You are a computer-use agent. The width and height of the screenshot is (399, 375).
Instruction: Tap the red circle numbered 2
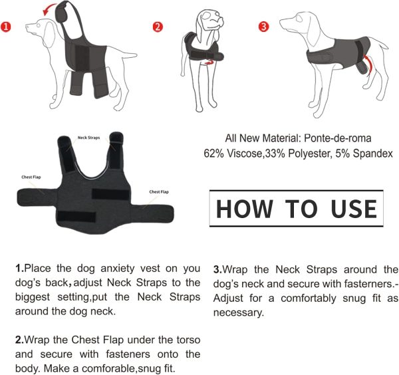click(158, 27)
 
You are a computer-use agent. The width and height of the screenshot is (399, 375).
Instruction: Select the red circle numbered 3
click(264, 27)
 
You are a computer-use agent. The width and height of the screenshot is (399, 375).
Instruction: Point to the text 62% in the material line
click(215, 154)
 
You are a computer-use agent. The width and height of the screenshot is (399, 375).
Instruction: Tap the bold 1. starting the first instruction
click(20, 269)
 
